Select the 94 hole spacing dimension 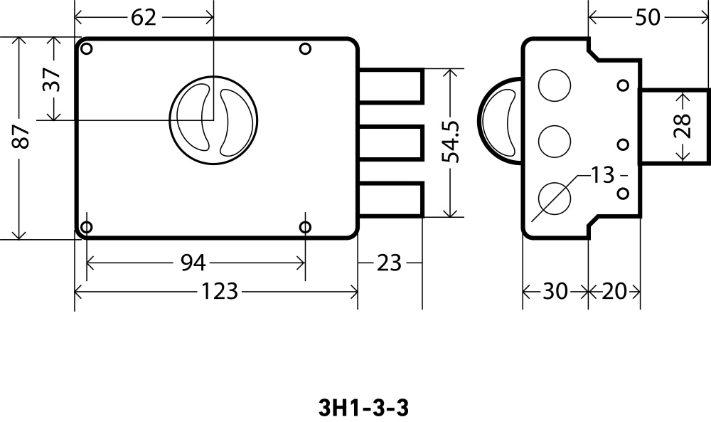(192, 263)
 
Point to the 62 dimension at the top (143, 17)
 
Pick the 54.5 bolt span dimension (451, 142)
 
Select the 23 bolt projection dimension (389, 263)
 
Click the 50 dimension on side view (647, 18)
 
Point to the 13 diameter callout (602, 175)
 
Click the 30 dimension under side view (555, 291)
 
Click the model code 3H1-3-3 (363, 408)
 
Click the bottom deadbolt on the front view (391, 199)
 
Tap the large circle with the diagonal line (554, 199)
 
